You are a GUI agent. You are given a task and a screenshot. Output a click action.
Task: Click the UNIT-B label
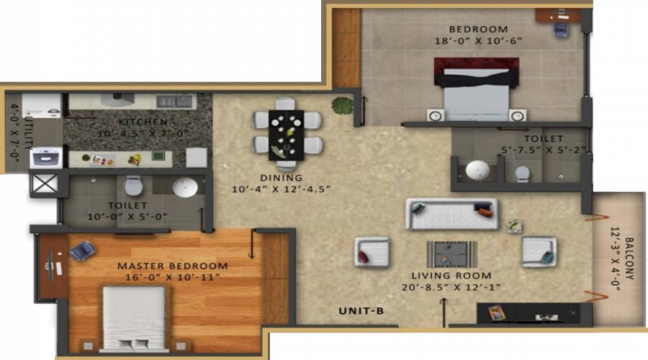click(362, 311)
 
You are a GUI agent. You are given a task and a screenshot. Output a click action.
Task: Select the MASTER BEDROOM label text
click(173, 266)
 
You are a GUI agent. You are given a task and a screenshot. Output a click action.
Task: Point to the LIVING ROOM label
click(451, 275)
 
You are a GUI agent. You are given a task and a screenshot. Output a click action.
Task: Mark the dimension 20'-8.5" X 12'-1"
click(451, 287)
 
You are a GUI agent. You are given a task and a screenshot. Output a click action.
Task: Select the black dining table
click(287, 134)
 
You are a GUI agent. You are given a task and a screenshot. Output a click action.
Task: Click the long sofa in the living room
click(451, 214)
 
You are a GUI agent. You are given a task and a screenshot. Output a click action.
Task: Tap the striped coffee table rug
click(451, 253)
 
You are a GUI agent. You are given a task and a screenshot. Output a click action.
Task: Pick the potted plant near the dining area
click(341, 105)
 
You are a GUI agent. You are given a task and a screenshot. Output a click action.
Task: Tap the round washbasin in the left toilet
click(184, 187)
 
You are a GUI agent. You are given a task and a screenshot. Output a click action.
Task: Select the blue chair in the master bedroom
click(83, 251)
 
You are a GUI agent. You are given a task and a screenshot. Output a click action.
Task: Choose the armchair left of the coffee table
click(372, 252)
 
